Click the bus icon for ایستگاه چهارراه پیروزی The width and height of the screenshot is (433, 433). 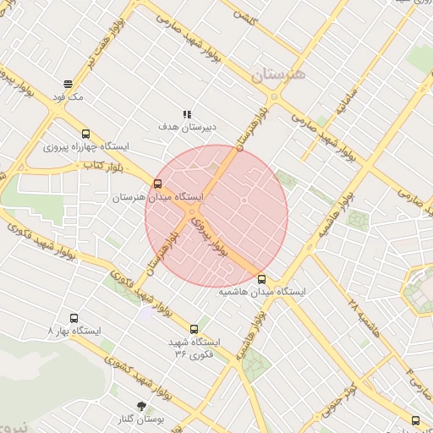[85, 134]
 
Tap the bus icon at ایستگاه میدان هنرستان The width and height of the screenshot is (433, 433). [158, 184]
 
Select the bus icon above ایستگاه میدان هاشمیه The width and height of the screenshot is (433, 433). [261, 278]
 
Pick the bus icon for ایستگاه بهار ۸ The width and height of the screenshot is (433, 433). [74, 319]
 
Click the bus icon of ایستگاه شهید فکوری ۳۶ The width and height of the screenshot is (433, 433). [195, 329]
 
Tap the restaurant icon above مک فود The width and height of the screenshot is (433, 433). [68, 84]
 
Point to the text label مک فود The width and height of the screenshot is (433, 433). [68, 97]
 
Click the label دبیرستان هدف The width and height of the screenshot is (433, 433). [188, 127]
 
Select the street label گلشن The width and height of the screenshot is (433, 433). [244, 14]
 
